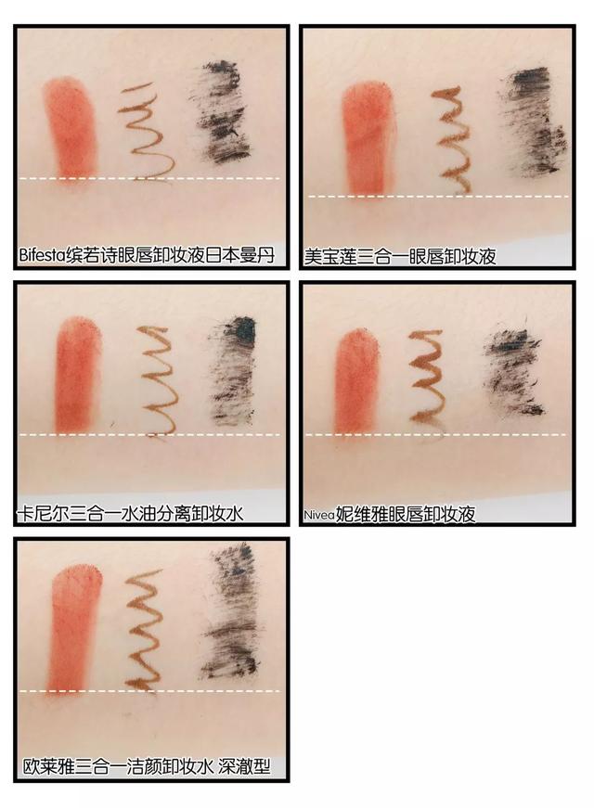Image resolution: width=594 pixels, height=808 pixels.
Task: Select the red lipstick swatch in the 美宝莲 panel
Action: click(368, 139)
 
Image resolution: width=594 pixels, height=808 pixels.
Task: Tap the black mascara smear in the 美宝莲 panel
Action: click(532, 122)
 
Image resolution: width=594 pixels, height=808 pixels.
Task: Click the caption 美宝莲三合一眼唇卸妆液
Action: click(400, 256)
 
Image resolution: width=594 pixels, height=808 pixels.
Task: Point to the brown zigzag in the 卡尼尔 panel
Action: click(160, 380)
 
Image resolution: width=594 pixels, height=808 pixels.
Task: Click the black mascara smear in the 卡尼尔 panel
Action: click(231, 370)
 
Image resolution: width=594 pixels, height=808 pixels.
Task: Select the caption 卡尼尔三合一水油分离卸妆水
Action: click(131, 513)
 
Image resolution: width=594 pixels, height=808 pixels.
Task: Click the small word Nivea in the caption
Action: click(319, 515)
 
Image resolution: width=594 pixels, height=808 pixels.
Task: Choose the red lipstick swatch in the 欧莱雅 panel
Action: click(74, 630)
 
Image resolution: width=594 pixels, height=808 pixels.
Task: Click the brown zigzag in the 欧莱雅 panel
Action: click(144, 630)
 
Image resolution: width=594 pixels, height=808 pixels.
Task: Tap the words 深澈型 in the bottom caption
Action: click(244, 767)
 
